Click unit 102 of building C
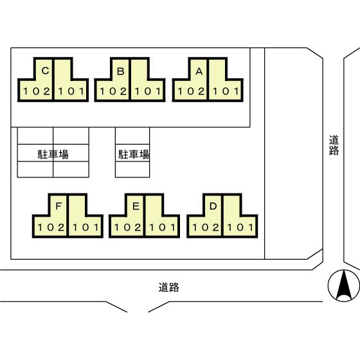point(36,91)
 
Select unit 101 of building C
point(71,91)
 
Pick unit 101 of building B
point(148,91)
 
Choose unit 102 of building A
point(191,91)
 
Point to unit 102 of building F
point(51,227)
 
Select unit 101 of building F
point(85,227)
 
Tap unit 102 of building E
point(128,227)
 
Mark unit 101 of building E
point(163,227)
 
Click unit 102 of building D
point(206,227)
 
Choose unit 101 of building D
point(240,227)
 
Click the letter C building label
point(44,71)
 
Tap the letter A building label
point(199,71)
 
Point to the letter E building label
point(136,206)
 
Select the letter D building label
point(213,206)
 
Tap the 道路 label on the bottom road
point(168,287)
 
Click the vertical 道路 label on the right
point(334,145)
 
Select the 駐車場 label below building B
point(133,154)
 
